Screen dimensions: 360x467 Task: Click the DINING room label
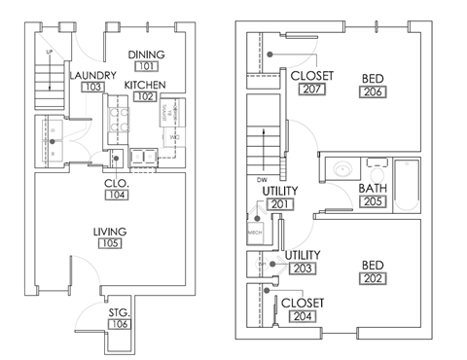click(146, 54)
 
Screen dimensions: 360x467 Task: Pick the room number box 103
click(93, 88)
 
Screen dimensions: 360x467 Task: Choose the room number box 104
click(118, 196)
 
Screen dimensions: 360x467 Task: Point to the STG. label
click(119, 312)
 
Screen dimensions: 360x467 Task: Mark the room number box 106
click(119, 325)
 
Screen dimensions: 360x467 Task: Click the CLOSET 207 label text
click(312, 76)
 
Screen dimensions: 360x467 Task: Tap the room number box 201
click(280, 204)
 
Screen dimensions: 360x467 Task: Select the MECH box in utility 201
click(256, 233)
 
